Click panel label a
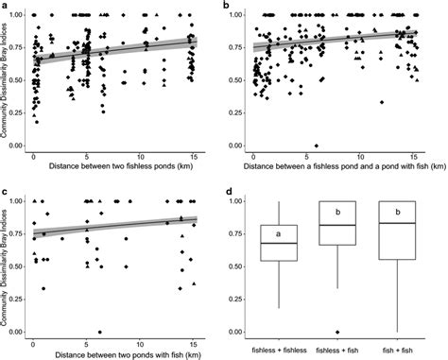pos(6,6)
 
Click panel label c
pos(6,189)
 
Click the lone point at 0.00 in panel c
pos(99,332)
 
